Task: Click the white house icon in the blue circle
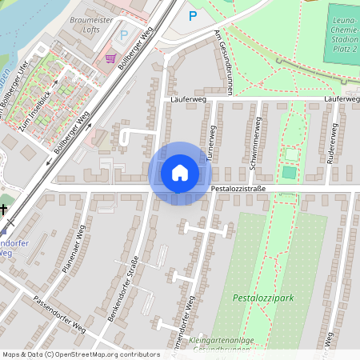180,172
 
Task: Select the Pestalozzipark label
263,298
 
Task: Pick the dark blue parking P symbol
192,15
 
